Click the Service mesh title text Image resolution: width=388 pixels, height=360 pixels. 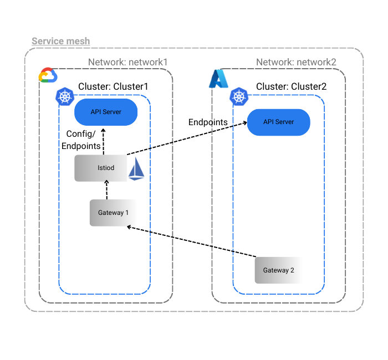click(x=60, y=42)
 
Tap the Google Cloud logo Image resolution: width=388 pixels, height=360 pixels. click(x=47, y=75)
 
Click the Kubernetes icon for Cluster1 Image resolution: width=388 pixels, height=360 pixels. click(x=65, y=97)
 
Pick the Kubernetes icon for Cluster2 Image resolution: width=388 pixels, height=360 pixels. click(x=239, y=96)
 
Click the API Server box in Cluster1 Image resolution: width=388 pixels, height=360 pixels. click(x=106, y=112)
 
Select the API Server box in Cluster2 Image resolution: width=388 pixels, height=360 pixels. click(x=278, y=122)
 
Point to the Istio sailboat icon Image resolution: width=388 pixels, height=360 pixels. click(x=136, y=169)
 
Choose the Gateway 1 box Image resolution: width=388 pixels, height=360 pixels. click(x=113, y=213)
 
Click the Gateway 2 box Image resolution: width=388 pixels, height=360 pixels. click(x=278, y=270)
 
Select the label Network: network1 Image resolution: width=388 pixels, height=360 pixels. click(x=127, y=62)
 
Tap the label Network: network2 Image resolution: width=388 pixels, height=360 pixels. click(x=296, y=62)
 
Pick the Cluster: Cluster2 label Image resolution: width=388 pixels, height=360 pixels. click(x=291, y=86)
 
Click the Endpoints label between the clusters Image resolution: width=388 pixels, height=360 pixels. click(x=208, y=122)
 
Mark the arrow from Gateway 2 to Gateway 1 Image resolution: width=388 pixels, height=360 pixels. click(x=191, y=241)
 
